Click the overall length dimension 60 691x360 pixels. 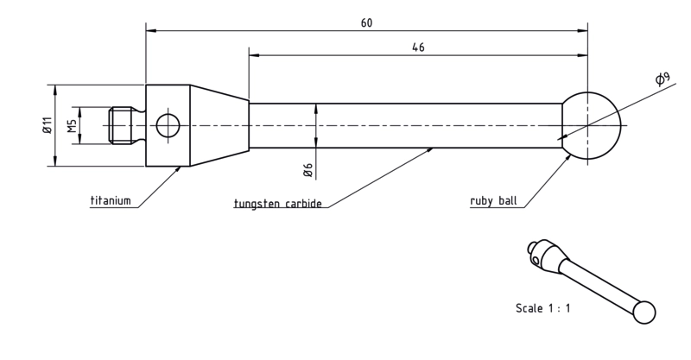366,23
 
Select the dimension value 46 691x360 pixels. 418,47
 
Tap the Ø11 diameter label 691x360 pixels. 48,124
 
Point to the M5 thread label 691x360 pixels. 72,125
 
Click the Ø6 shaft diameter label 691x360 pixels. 308,170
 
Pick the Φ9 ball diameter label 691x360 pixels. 662,79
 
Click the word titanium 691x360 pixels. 111,200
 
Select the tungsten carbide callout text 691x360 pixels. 277,204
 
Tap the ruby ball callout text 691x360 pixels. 493,201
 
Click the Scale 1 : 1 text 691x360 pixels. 543,308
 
